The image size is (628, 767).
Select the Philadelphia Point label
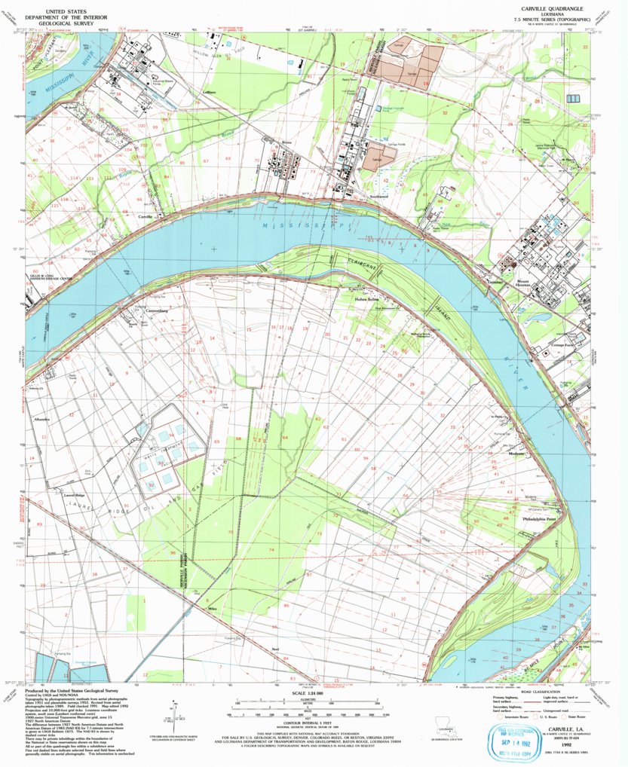coord(539,519)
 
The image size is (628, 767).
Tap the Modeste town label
coord(516,454)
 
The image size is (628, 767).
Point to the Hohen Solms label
coord(367,299)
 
